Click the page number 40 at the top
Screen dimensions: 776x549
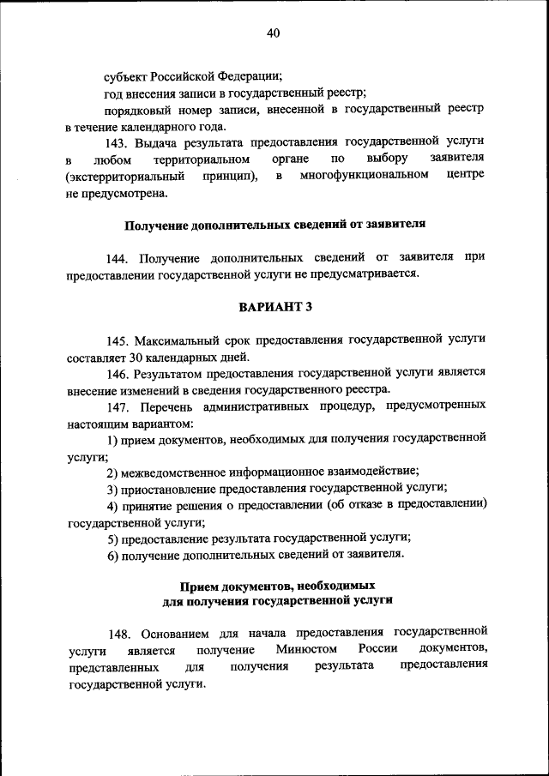click(274, 33)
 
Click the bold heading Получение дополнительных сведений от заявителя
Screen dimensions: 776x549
click(275, 226)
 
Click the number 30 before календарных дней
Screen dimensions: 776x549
click(138, 357)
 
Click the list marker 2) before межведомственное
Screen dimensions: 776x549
click(112, 472)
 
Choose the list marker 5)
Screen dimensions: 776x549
click(112, 538)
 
